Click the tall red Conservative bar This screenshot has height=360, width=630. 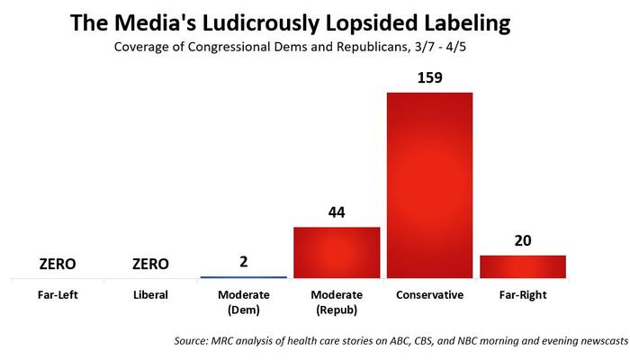pyautogui.click(x=429, y=184)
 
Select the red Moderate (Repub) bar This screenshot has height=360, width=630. pyautogui.click(x=337, y=252)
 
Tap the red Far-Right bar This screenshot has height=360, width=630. pyautogui.click(x=522, y=266)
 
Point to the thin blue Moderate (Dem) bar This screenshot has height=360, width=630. pyautogui.click(x=243, y=276)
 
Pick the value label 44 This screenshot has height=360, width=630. pyautogui.click(x=337, y=213)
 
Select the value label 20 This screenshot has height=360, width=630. pyautogui.click(x=522, y=241)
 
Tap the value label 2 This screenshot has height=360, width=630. pyautogui.click(x=243, y=263)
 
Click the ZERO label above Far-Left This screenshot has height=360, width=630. pyautogui.click(x=57, y=264)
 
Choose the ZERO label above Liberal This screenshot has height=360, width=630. pyautogui.click(x=150, y=264)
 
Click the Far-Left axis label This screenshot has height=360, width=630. pyautogui.click(x=57, y=293)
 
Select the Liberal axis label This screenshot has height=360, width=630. pyautogui.click(x=150, y=293)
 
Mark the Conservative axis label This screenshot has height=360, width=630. pyautogui.click(x=429, y=293)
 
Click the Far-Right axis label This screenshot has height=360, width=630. pyautogui.click(x=522, y=293)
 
